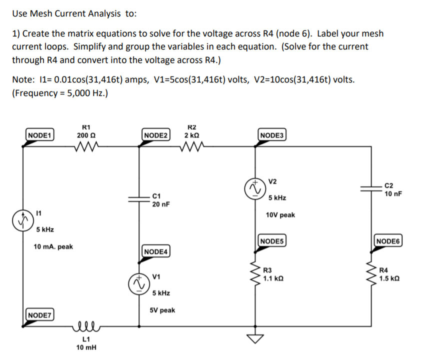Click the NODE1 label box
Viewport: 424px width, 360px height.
click(40, 134)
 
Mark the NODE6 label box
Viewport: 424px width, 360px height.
click(388, 241)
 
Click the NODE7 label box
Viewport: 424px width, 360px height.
click(40, 315)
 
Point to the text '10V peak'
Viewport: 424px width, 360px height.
click(280, 215)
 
